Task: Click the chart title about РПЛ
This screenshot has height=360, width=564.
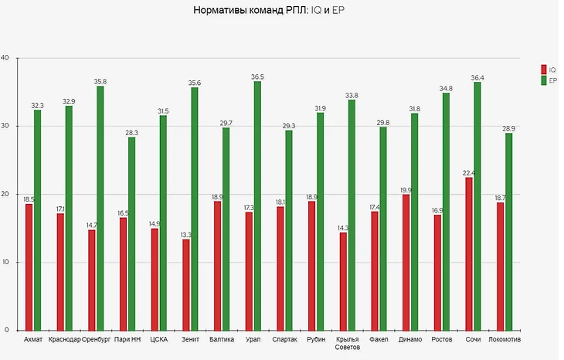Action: tap(282, 13)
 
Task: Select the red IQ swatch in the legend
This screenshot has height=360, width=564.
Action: tap(544, 69)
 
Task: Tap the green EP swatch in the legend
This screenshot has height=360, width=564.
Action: tap(544, 80)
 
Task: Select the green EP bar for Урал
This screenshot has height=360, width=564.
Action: tap(257, 205)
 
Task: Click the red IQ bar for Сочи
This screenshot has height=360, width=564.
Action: tap(468, 253)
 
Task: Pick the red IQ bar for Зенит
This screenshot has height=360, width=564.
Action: tap(185, 284)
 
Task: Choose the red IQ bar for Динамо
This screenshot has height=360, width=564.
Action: tap(406, 262)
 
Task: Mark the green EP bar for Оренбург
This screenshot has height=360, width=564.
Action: tap(100, 208)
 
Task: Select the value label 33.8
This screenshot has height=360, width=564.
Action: tap(351, 95)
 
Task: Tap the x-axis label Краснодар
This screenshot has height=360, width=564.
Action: tap(64, 340)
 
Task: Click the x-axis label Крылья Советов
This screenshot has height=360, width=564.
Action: tap(348, 344)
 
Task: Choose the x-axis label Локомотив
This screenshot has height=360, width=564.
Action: tap(505, 340)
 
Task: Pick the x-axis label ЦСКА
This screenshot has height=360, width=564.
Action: tap(158, 340)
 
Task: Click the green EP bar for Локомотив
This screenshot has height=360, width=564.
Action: tap(508, 231)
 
